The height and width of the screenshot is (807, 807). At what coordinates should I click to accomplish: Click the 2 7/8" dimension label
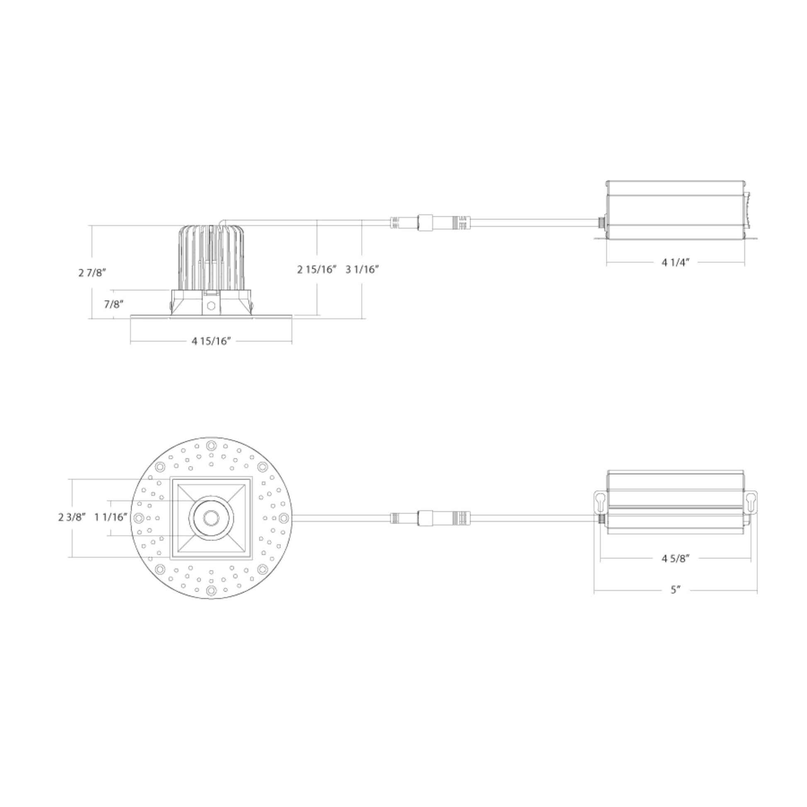92,273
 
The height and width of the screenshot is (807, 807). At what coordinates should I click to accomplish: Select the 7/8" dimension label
114,304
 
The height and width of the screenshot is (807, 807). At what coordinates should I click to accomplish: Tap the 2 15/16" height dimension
316,270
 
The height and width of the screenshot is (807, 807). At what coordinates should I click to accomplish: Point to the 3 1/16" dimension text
362,270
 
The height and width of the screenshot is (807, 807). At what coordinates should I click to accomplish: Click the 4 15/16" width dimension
211,341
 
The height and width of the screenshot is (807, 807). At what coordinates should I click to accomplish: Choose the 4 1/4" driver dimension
676,263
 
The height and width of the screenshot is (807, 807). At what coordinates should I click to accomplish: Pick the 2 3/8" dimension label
72,517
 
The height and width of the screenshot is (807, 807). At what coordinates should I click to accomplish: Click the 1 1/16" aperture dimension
111,517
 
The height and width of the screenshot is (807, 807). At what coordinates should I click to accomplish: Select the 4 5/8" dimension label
676,559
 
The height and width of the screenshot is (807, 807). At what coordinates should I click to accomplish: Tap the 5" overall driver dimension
676,590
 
